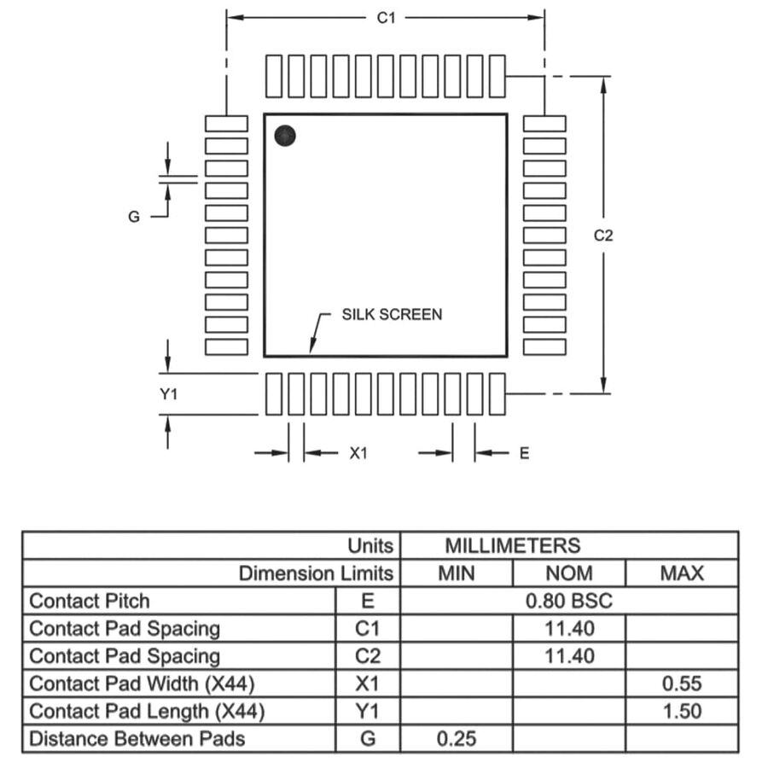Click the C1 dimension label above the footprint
(x=387, y=17)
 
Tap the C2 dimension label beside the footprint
(x=603, y=236)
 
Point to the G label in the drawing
(x=134, y=217)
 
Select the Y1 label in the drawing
(x=168, y=394)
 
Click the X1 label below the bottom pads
(x=358, y=453)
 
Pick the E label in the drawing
(x=524, y=453)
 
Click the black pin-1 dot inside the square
(x=285, y=135)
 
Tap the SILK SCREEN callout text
(x=392, y=314)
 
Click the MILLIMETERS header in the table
(x=512, y=545)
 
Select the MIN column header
(x=456, y=573)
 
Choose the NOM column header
(x=568, y=573)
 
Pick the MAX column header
(x=682, y=573)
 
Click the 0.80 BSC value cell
(x=568, y=601)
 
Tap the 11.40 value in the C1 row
(x=568, y=629)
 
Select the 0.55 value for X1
(x=682, y=684)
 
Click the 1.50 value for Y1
(x=682, y=711)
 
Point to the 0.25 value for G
(x=456, y=739)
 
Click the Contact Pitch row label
(x=89, y=601)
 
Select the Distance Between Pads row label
(x=137, y=739)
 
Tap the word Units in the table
(x=370, y=545)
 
